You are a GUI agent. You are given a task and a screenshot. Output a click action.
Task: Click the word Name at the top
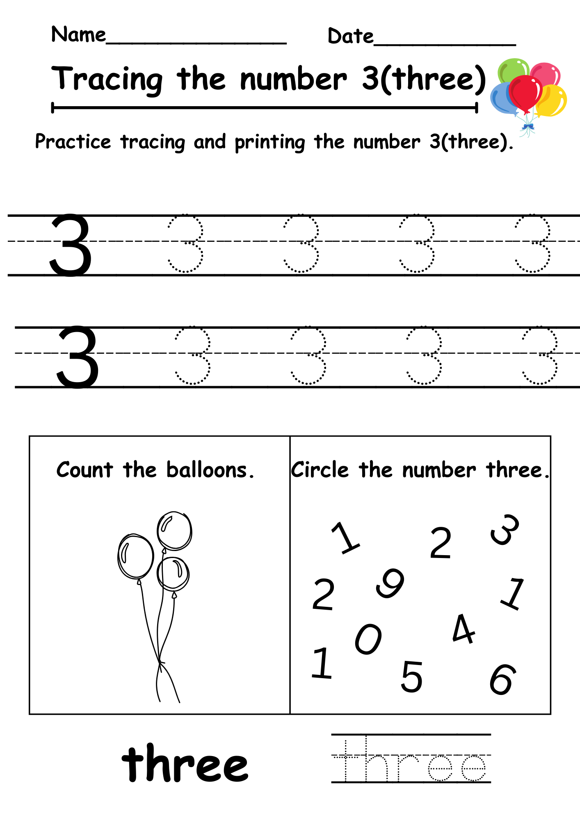point(78,34)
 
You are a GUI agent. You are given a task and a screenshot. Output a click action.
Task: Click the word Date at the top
point(350,36)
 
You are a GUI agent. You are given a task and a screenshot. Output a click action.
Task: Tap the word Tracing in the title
point(107,79)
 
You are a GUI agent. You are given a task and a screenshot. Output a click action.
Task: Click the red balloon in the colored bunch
point(525,92)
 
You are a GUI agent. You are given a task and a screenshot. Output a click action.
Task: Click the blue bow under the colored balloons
point(527,127)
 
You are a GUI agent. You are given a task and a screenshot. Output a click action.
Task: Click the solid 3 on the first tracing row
point(71,245)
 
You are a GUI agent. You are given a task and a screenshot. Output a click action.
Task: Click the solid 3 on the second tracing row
point(78,357)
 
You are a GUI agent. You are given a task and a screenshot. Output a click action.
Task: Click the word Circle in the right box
point(320,470)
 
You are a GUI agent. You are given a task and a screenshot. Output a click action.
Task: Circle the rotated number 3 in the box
point(505,530)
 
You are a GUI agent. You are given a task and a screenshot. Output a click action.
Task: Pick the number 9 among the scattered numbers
point(390,583)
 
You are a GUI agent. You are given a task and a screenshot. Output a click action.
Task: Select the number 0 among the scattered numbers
point(368,639)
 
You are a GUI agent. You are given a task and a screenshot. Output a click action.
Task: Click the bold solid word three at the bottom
point(185,763)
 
